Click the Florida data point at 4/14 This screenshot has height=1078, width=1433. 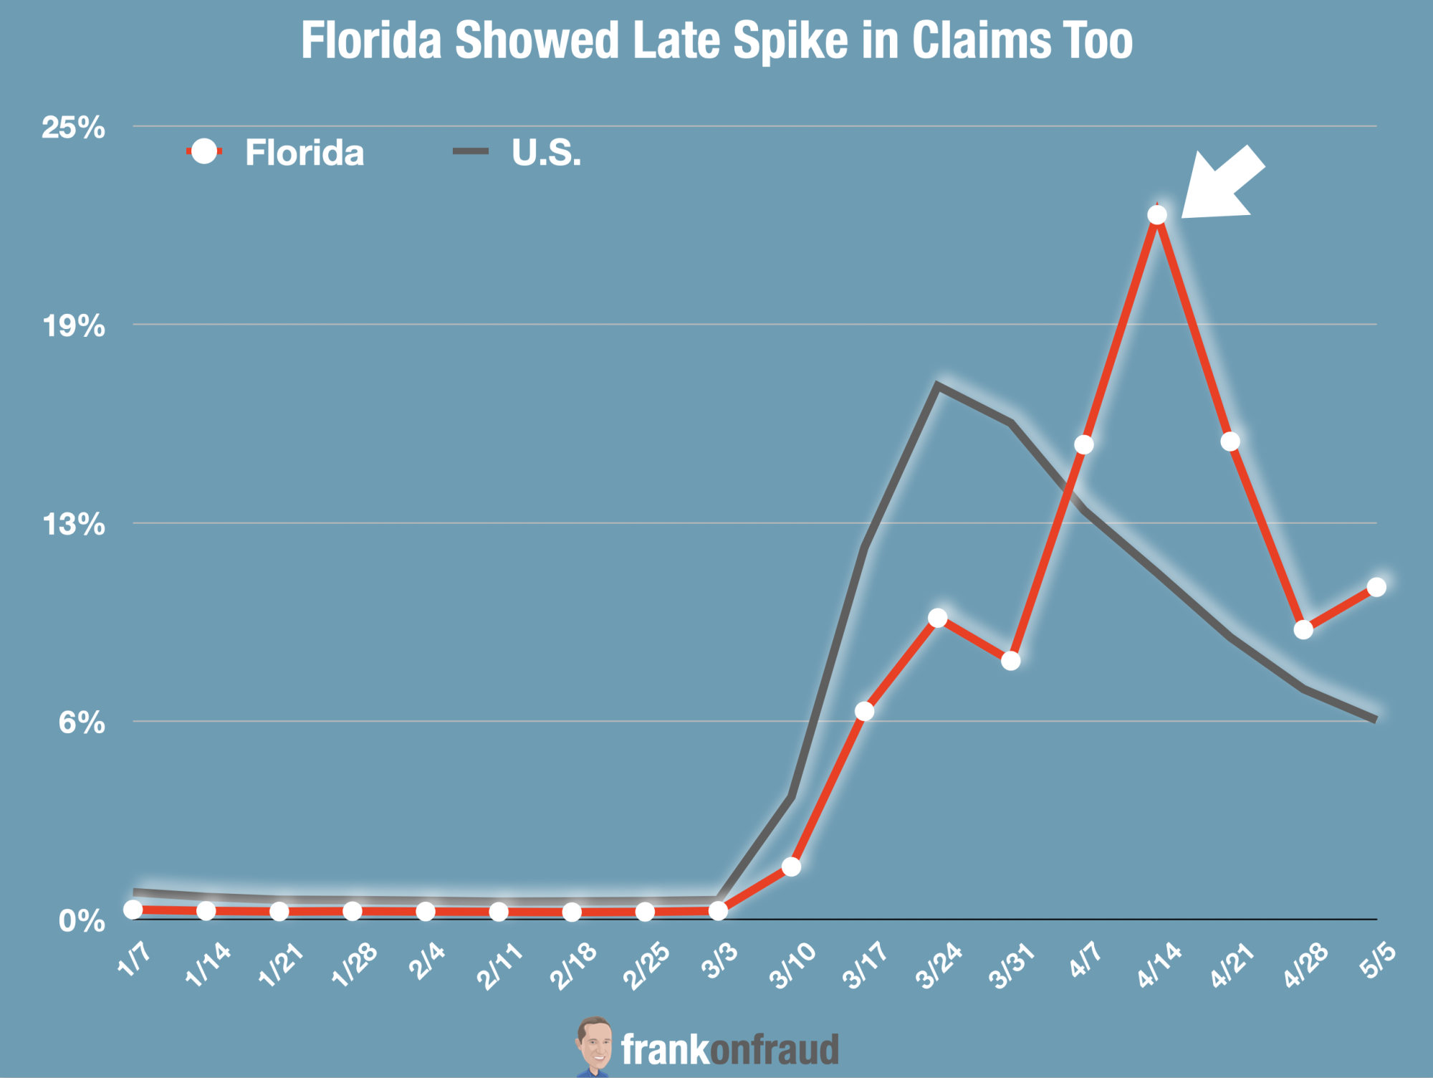click(1156, 215)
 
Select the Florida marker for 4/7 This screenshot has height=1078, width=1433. click(1084, 445)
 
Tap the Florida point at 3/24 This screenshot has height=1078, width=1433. click(937, 618)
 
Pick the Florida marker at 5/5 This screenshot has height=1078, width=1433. click(1376, 587)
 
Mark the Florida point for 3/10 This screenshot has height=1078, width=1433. click(791, 867)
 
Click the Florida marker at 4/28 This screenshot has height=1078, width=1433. click(1303, 630)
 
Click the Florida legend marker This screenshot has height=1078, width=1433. click(205, 151)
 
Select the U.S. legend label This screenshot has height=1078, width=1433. click(546, 153)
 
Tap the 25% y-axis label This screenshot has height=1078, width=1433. click(73, 128)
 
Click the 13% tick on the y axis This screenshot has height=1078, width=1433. click(74, 525)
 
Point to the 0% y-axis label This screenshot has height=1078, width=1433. click(81, 921)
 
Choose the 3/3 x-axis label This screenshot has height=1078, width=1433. click(719, 961)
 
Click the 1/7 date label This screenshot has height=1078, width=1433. click(134, 960)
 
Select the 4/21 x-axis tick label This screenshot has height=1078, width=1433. click(1232, 965)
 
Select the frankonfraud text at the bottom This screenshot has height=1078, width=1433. click(729, 1050)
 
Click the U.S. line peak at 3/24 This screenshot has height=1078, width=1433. click(937, 385)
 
